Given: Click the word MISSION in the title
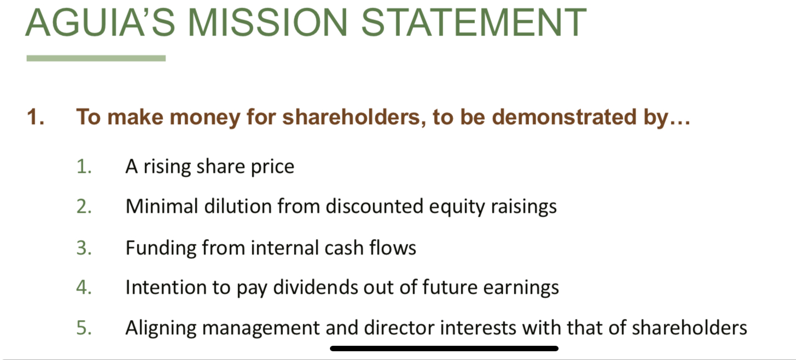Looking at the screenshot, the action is click(x=268, y=22).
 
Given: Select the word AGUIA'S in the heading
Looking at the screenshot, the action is click(x=100, y=22).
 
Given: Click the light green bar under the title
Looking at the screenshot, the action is click(x=96, y=59).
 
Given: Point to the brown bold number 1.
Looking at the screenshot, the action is click(x=36, y=117).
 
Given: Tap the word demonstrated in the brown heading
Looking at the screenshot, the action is click(x=564, y=117).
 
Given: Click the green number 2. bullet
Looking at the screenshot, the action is click(x=84, y=206).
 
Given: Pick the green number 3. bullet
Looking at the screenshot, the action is click(x=84, y=248).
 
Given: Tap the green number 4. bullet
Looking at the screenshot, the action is click(x=84, y=287).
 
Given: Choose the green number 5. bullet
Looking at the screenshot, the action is click(x=84, y=328).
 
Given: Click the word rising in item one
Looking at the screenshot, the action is click(x=167, y=167).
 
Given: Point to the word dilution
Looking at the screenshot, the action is click(x=238, y=206).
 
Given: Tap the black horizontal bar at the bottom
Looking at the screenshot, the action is click(x=444, y=349).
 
